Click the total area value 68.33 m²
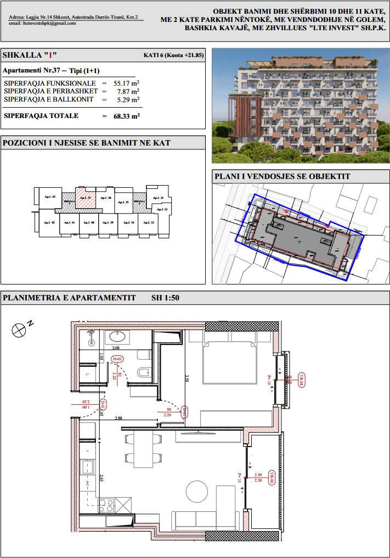[x=127, y=116]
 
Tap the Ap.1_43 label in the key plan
[x=50, y=197]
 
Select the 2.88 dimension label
[x=118, y=418]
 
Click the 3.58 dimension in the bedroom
[x=187, y=378]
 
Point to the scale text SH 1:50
[x=165, y=298]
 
